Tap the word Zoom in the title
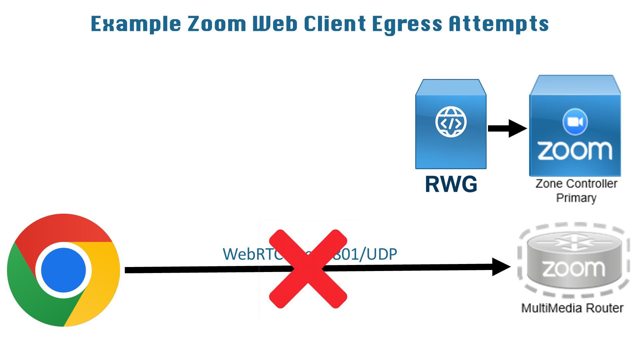(x=217, y=24)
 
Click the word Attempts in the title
(x=498, y=24)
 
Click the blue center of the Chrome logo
(x=63, y=270)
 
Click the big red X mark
(x=308, y=269)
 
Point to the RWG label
(x=451, y=184)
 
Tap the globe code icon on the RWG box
(x=451, y=122)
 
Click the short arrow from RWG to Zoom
(x=507, y=128)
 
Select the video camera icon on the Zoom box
(x=575, y=122)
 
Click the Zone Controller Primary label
(x=576, y=190)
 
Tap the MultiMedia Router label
(x=572, y=308)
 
